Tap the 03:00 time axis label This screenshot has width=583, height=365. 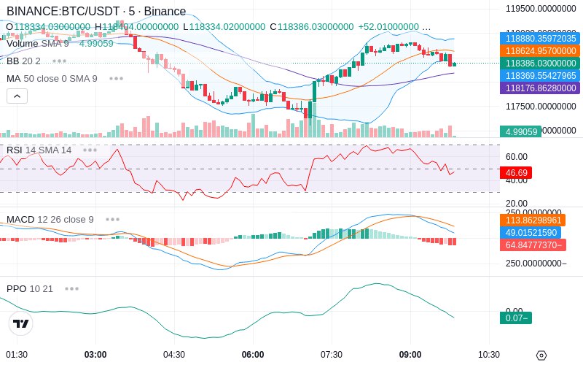point(95,355)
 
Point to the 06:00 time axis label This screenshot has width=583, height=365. point(253,355)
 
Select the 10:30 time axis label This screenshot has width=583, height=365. point(489,355)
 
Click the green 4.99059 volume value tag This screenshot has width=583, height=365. point(520,131)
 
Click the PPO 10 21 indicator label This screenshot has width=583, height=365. point(30,288)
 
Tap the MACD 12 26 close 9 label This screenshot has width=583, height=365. point(50,219)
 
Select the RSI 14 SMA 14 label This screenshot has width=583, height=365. point(39,150)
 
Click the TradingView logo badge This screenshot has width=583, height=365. point(21,323)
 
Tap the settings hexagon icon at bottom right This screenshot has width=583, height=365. point(541,356)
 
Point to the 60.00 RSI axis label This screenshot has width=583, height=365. point(517,156)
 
